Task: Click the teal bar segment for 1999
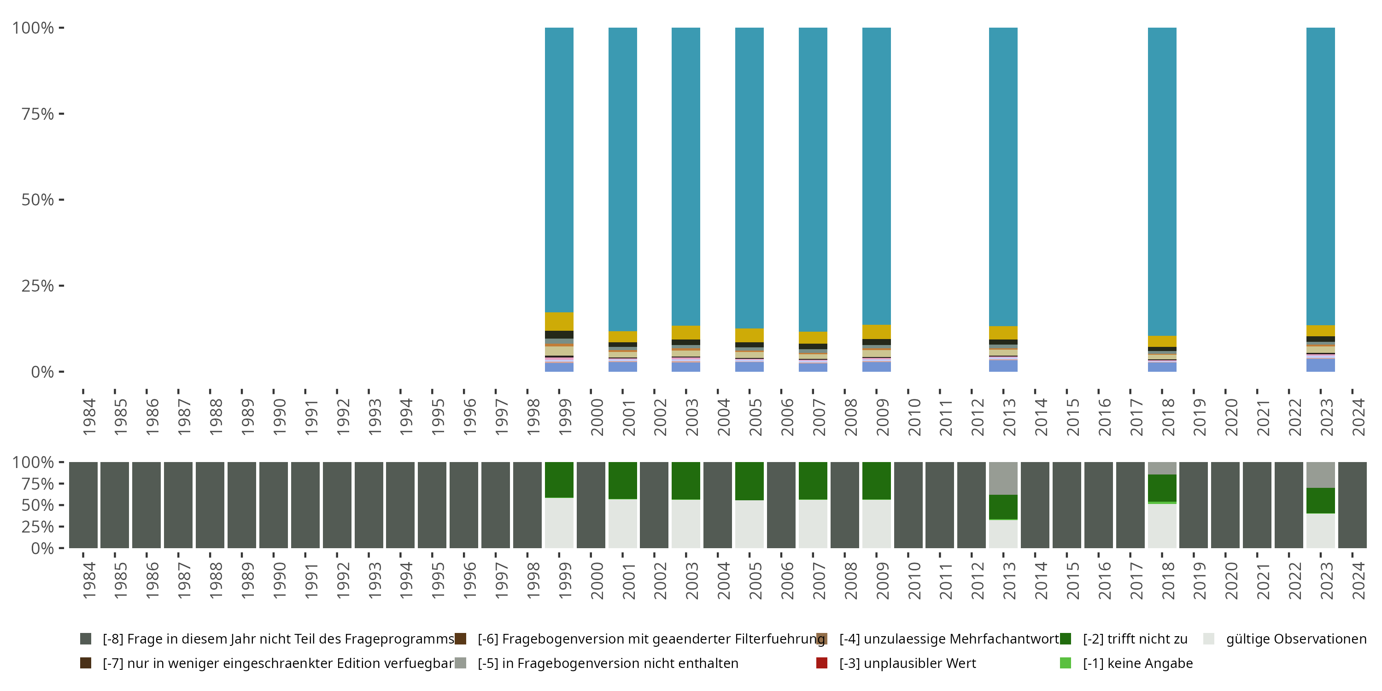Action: point(559,169)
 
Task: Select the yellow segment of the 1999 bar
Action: point(559,322)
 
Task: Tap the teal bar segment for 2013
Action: point(1003,176)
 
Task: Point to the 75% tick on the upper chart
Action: point(61,114)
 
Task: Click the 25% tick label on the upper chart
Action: point(38,286)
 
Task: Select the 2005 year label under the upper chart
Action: point(755,417)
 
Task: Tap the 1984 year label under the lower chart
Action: point(89,580)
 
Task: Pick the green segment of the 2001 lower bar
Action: point(622,480)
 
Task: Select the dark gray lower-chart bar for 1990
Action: point(273,505)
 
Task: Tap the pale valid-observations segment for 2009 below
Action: point(876,524)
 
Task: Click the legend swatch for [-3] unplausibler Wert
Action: point(821,663)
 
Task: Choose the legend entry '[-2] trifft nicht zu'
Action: point(1135,639)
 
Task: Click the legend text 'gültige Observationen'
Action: point(1295,639)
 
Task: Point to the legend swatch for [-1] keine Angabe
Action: point(1066,663)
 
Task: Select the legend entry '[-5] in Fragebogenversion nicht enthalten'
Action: point(608,663)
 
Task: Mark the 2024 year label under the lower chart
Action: point(1358,580)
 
